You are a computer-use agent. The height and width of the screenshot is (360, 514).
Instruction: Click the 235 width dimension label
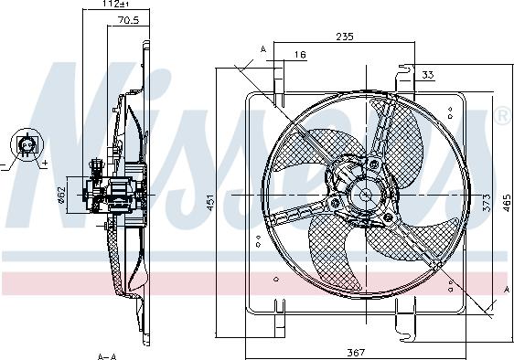[x=345, y=36]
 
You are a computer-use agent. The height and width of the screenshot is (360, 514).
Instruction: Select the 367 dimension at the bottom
[x=356, y=353]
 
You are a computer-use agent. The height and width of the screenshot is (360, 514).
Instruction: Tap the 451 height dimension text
[x=209, y=203]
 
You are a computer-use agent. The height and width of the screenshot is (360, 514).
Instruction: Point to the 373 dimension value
[x=487, y=203]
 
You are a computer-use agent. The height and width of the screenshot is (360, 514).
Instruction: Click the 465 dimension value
[x=507, y=203]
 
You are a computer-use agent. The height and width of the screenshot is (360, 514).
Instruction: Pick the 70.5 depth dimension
[x=128, y=20]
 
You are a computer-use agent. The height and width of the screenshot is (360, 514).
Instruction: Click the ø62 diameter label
[x=61, y=195]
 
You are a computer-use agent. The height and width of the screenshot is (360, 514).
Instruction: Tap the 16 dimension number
[x=300, y=55]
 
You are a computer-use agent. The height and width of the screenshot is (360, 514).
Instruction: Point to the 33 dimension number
[x=427, y=75]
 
